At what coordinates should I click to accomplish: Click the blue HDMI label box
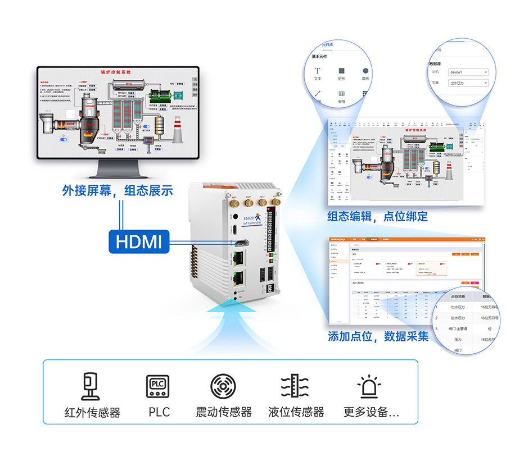(138, 241)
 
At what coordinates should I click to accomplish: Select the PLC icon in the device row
(158, 386)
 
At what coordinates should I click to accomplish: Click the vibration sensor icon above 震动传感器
(223, 386)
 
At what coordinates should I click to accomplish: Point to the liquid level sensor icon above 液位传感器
(295, 386)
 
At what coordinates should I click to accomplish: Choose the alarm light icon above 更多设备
(369, 386)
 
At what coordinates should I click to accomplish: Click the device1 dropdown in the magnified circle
(468, 72)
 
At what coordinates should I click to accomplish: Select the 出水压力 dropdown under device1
(468, 83)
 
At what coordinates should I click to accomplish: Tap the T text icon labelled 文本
(318, 71)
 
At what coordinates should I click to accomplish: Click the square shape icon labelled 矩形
(341, 71)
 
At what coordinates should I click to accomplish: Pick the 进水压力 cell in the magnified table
(458, 318)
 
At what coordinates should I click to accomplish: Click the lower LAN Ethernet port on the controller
(237, 278)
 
